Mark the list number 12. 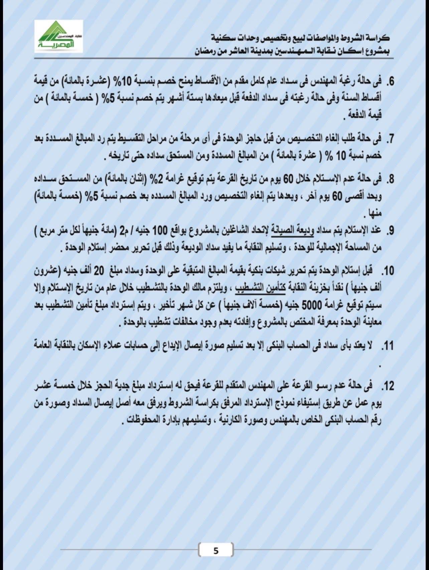click(x=388, y=387)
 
